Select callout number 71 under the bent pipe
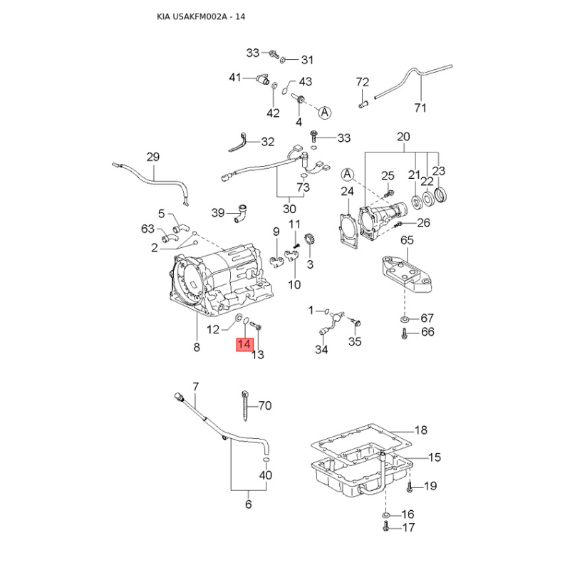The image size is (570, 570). [x=420, y=108]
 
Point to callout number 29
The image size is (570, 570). [x=153, y=157]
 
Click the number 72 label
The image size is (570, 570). [x=363, y=83]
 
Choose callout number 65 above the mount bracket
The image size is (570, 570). [x=406, y=241]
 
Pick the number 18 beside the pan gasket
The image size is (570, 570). [x=420, y=430]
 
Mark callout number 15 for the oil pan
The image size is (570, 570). [x=434, y=457]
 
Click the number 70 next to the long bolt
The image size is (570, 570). [x=264, y=406]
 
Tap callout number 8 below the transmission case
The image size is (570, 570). [x=197, y=348]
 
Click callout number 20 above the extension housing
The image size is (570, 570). [x=403, y=137]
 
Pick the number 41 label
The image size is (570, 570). [x=235, y=77]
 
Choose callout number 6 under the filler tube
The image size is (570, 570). [x=248, y=504]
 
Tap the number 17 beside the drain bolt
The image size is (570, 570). [x=408, y=528]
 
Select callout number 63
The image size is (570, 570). [x=147, y=229]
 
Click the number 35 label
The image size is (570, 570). [x=355, y=342]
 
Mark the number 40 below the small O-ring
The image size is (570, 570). [x=265, y=475]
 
